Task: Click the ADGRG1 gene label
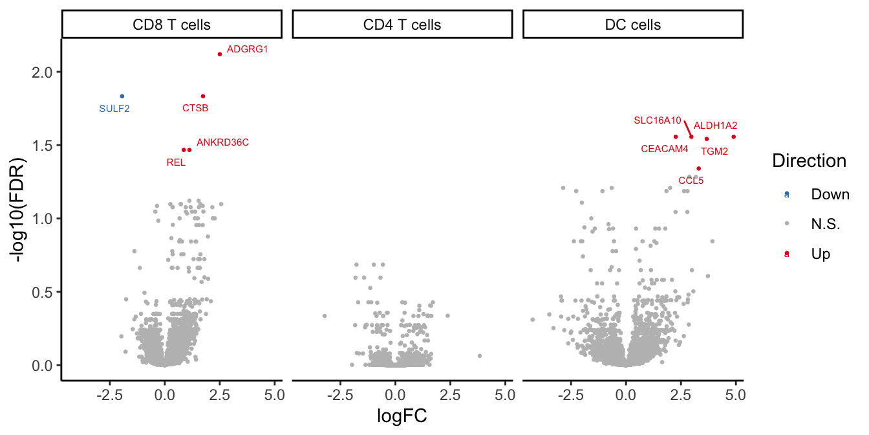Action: coord(248,49)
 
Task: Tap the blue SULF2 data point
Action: coord(122,96)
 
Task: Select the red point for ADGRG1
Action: coord(220,54)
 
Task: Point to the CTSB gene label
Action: coord(195,108)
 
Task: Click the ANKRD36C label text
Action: coord(222,142)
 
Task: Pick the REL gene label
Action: coord(176,162)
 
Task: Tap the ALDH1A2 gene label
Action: coord(715,126)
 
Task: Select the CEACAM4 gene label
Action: coord(665,149)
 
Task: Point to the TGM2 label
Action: coord(714,151)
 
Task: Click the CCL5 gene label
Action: coord(691,181)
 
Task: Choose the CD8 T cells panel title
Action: coord(171,25)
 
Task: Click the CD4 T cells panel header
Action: coord(402,25)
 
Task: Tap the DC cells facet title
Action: coord(632,25)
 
